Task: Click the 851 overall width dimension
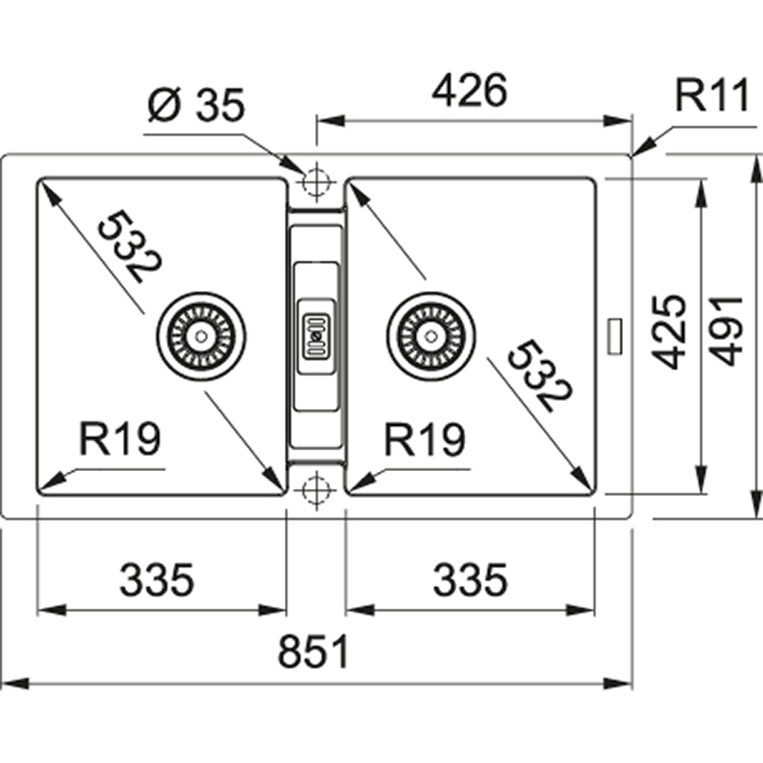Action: [314, 653]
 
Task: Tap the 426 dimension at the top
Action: [469, 91]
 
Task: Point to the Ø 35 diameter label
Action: [196, 106]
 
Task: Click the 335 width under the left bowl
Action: [156, 581]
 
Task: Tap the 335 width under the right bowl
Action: [469, 581]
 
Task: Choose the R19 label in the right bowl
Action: [425, 439]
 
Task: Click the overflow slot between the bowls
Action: [316, 334]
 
